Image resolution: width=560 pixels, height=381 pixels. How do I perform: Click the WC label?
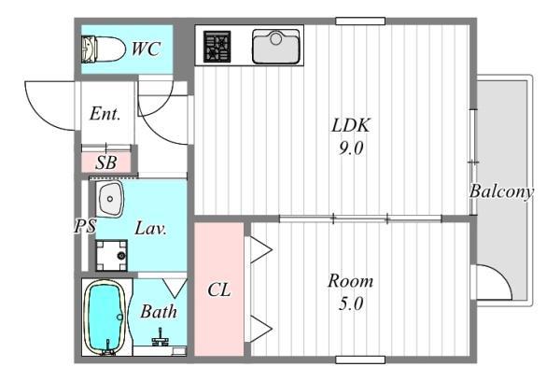click(x=146, y=49)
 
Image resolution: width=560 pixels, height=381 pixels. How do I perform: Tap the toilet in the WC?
click(x=104, y=49)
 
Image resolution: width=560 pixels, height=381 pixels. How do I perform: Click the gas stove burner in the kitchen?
click(x=217, y=47)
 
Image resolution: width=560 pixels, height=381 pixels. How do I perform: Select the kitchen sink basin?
click(x=275, y=47)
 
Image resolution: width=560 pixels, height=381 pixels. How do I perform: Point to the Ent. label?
click(x=105, y=114)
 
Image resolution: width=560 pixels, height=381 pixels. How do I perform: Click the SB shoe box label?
click(x=106, y=162)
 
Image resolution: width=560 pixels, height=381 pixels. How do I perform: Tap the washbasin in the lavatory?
click(x=109, y=199)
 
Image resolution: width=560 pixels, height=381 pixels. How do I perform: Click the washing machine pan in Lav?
click(x=112, y=255)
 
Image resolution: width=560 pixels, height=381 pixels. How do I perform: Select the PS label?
click(x=85, y=226)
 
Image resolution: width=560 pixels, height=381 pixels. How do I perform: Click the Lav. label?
click(x=150, y=229)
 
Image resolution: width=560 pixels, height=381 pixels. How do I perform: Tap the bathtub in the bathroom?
click(x=105, y=317)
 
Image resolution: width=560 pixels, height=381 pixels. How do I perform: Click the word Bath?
click(x=159, y=312)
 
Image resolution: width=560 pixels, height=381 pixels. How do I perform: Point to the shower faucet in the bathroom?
click(x=160, y=338)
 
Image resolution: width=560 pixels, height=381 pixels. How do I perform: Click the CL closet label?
click(x=219, y=289)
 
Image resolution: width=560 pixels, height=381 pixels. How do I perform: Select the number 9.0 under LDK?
click(x=351, y=148)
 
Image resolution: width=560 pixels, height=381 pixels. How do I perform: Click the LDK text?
click(x=351, y=125)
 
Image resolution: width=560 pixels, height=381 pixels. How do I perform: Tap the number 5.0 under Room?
click(x=351, y=303)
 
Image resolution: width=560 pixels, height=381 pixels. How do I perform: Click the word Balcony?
click(x=501, y=191)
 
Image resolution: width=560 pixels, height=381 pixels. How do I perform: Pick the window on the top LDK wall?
click(x=360, y=21)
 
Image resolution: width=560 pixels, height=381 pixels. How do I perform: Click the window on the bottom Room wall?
click(x=360, y=360)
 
